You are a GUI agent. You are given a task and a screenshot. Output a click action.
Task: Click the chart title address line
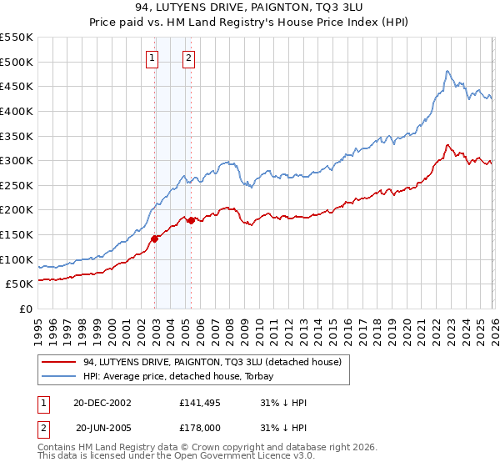coord(250,7)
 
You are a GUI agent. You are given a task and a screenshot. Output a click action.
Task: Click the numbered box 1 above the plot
coord(153,58)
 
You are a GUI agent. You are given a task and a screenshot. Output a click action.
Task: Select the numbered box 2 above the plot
coord(189,58)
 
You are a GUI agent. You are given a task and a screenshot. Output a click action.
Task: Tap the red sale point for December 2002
coord(155,239)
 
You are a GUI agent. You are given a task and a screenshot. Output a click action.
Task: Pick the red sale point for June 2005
coord(192,221)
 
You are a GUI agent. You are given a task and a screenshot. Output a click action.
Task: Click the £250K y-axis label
coord(17,185)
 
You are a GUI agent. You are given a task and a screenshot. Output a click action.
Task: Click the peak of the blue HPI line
coord(447,71)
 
